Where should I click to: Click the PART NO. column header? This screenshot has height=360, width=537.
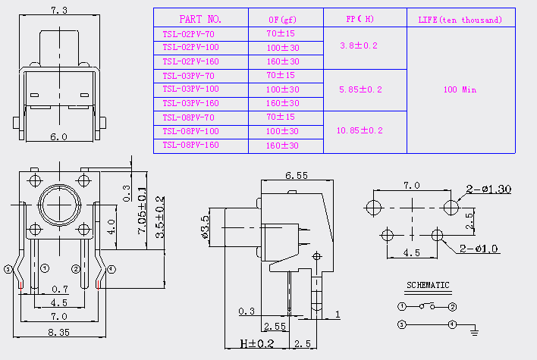tap(200, 19)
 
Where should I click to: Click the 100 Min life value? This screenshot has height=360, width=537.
tap(460, 89)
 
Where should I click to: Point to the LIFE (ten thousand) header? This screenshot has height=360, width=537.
tap(460, 20)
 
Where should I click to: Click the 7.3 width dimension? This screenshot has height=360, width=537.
tap(59, 11)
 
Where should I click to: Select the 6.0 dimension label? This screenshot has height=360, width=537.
tap(59, 137)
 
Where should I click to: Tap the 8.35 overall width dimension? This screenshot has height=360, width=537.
tap(59, 332)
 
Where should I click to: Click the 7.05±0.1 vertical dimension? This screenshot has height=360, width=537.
tap(142, 210)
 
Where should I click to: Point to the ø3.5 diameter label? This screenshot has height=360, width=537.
tap(205, 227)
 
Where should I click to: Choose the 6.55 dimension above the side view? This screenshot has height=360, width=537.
tap(297, 176)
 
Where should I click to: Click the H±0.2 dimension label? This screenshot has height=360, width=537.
tap(257, 343)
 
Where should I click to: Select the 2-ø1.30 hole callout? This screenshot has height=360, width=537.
tap(488, 189)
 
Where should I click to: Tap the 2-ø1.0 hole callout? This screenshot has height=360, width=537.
tap(479, 249)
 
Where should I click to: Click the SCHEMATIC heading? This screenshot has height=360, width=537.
tap(428, 285)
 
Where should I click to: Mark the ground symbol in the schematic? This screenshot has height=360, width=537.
tap(474, 331)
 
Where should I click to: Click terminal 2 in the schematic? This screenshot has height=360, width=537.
tap(452, 307)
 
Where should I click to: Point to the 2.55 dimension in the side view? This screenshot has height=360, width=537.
tap(275, 327)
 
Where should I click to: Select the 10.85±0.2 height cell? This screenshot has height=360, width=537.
tap(360, 130)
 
